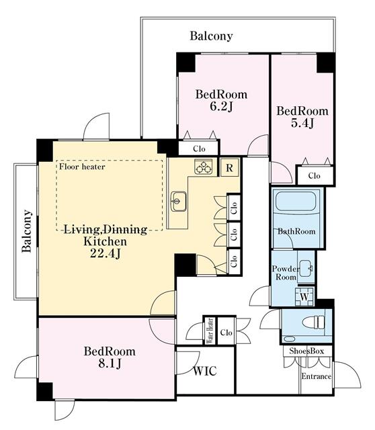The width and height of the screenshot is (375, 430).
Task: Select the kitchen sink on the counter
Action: coord(179,199)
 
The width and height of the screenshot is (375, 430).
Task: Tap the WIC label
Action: coord(204,371)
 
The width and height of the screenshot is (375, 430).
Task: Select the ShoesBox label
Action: coord(306,351)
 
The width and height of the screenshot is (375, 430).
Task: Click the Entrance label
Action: coord(315,376)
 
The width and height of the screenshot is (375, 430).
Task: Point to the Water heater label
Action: coord(209,331)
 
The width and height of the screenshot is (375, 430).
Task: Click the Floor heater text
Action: coord(81,167)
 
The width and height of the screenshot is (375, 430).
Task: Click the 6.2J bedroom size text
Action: coord(221,106)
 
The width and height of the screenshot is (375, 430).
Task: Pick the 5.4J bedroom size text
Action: coord(302,124)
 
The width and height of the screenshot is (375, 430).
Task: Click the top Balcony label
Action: coord(211,36)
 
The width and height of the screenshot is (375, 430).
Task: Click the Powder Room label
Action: coord(284,273)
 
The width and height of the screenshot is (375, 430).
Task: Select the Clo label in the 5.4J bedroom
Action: coord(314,175)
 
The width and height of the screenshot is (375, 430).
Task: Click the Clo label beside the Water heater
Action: coord(226,332)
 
